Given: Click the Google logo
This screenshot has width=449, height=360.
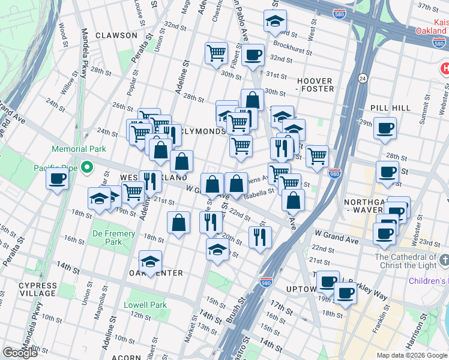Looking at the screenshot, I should click(x=20, y=353).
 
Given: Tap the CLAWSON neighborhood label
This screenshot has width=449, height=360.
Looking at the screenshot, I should click(x=116, y=35).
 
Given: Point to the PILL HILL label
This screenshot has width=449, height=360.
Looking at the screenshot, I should click(x=390, y=107).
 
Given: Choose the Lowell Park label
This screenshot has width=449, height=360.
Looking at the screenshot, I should click(x=145, y=305).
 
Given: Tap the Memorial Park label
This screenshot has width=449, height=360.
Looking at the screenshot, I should click(x=79, y=149).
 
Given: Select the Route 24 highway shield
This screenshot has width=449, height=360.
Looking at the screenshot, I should click(x=363, y=78).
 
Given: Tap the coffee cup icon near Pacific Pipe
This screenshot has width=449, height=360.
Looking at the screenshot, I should click(x=58, y=179).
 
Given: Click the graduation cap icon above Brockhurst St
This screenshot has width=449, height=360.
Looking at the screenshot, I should click(x=274, y=21).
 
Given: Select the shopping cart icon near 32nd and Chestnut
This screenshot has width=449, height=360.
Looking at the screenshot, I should click(x=216, y=52).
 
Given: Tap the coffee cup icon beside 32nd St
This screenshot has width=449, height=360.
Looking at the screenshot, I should click(x=252, y=54).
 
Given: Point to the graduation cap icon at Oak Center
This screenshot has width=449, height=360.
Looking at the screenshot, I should click(x=150, y=261).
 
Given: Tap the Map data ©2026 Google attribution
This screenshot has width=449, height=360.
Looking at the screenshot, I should click(x=411, y=355).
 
